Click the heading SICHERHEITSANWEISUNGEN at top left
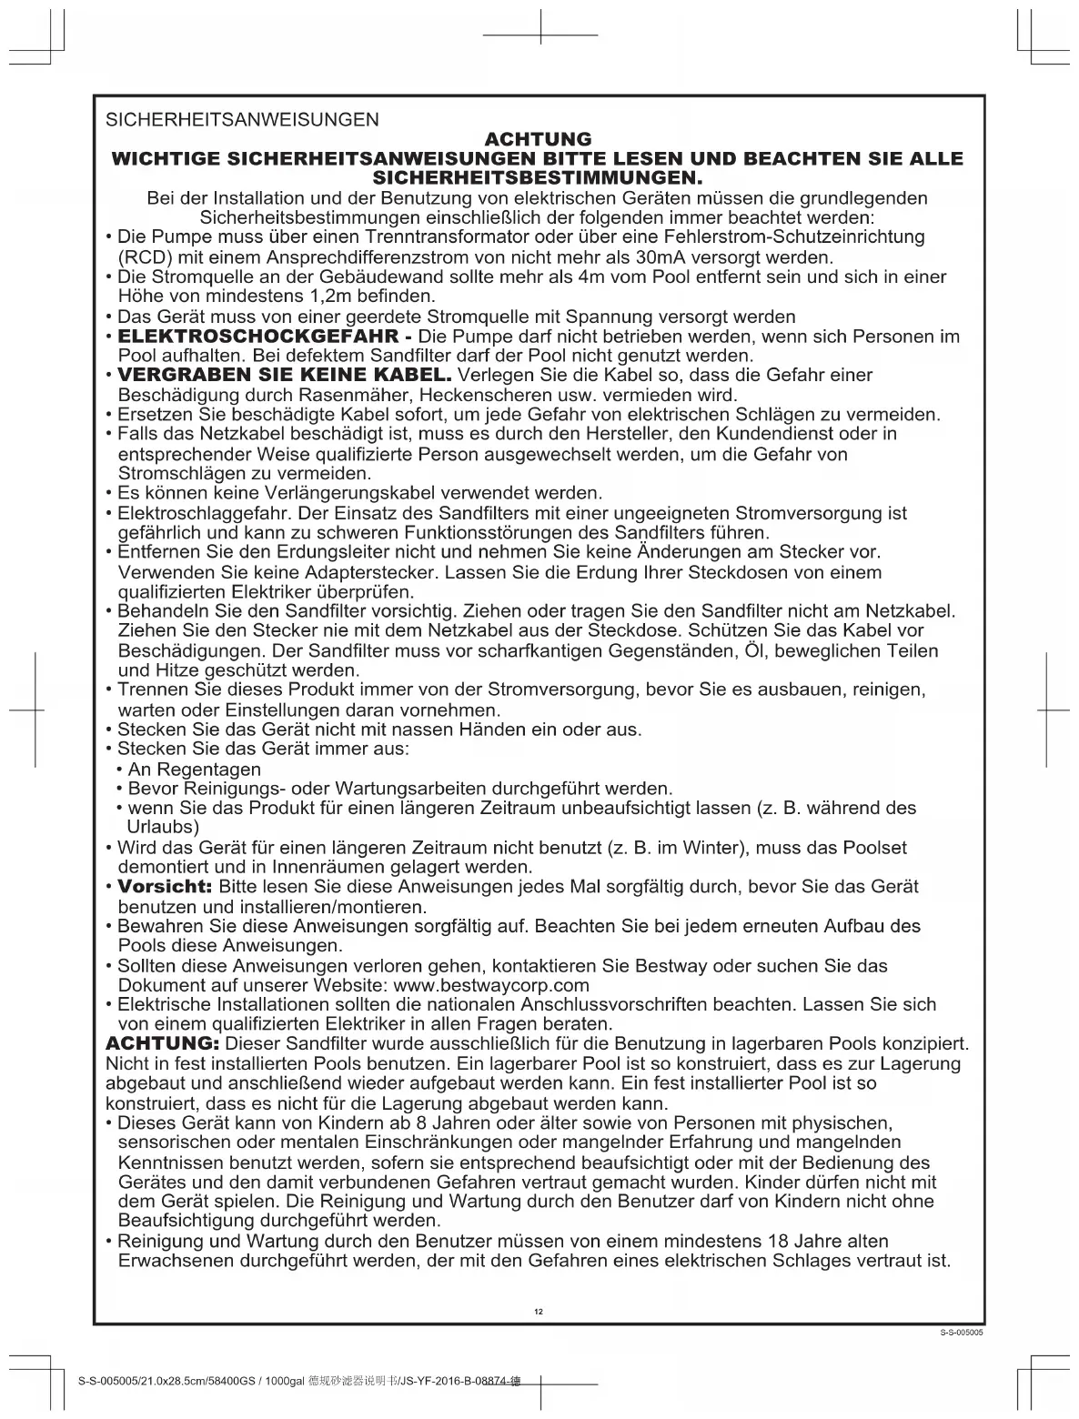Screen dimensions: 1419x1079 pos(242,119)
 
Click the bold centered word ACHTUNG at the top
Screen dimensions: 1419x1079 pos(539,139)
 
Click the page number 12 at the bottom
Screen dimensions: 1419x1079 pos(539,1311)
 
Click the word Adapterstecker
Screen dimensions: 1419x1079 pos(318,572)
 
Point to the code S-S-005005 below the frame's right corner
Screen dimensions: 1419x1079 pos(963,1333)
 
